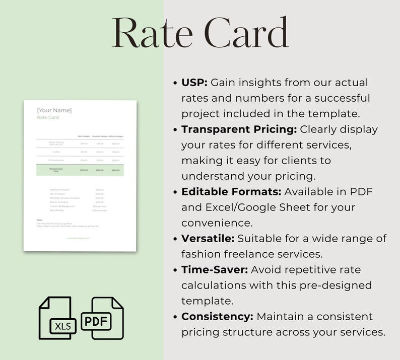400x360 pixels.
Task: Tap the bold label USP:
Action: pos(194,82)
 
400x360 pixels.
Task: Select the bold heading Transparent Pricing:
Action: pos(239,129)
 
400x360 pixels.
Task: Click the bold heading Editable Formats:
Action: pos(231,192)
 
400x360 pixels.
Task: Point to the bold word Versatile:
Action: pos(208,239)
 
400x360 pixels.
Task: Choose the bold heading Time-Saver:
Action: pos(215,270)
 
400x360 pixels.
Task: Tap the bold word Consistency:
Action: pos(217,317)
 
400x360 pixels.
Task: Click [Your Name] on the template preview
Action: pos(54,110)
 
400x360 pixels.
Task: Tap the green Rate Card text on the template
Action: pos(48,117)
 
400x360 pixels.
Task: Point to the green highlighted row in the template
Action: pos(80,170)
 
